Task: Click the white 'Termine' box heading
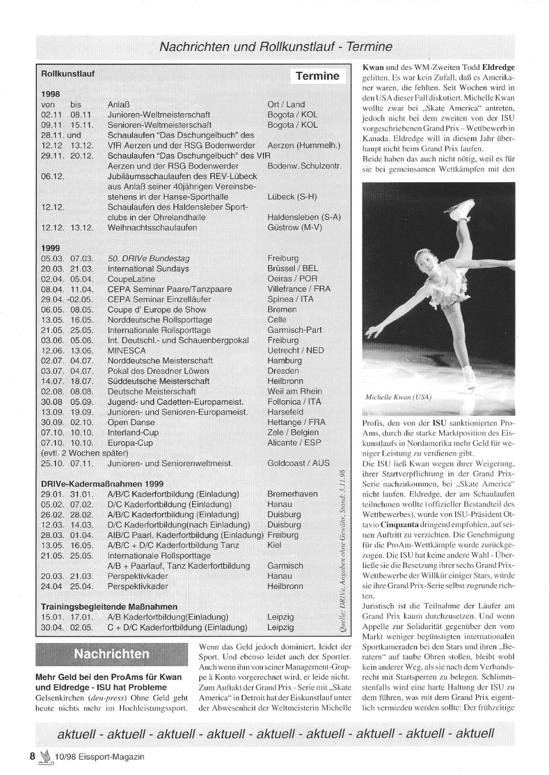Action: coord(317,76)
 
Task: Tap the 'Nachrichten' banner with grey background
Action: coord(111,654)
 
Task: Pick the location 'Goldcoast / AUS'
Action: coord(299,463)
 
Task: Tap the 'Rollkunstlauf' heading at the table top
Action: coord(68,73)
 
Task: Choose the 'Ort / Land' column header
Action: coord(286,104)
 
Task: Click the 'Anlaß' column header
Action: coord(118,104)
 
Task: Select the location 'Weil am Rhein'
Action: coord(295,391)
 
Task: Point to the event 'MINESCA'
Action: coord(127,350)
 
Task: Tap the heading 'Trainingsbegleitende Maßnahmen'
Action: coord(109,606)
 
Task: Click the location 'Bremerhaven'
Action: coord(292,494)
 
